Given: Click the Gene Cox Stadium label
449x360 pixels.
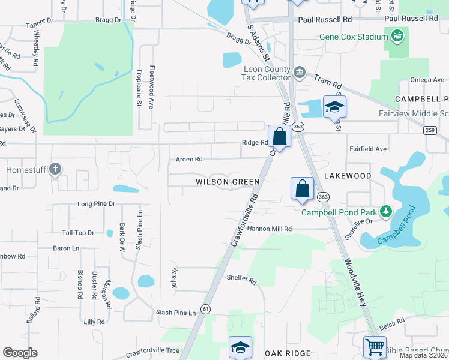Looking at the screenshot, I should [x=354, y=37].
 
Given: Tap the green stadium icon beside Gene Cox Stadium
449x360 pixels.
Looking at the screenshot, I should [x=397, y=37].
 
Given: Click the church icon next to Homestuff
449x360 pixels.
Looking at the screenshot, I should [x=56, y=170].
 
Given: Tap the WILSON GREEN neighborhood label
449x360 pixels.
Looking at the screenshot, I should [x=228, y=181].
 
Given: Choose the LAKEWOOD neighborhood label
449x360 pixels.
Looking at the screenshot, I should [x=348, y=175].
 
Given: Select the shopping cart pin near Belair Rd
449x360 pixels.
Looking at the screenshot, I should [x=375, y=346].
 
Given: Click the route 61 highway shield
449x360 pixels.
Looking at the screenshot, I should [x=206, y=308].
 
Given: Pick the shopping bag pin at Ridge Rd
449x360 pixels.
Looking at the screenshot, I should [x=280, y=137].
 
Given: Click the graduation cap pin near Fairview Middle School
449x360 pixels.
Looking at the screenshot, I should [x=334, y=107].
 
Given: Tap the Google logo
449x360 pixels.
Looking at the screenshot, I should [x=20, y=353].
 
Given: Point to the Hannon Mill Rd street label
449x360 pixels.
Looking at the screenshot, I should [x=269, y=229].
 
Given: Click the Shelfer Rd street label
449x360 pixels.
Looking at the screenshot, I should [x=241, y=280].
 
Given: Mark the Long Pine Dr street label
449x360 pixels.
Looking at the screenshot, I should [x=96, y=204].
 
